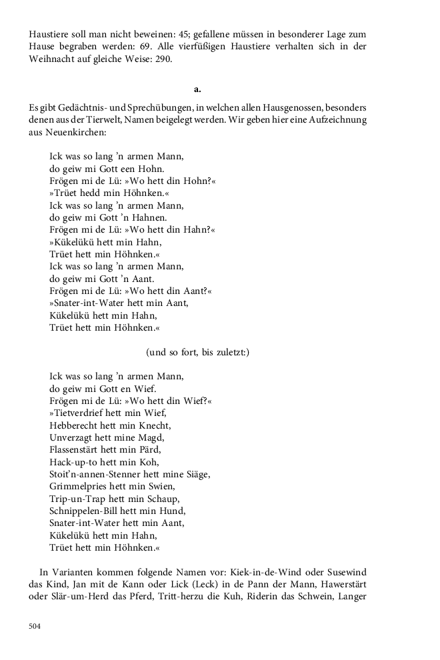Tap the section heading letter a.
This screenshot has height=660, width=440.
coord(197,89)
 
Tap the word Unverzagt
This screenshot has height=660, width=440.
coord(73,437)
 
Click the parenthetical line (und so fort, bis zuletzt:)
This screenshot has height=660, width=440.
coord(197,352)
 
